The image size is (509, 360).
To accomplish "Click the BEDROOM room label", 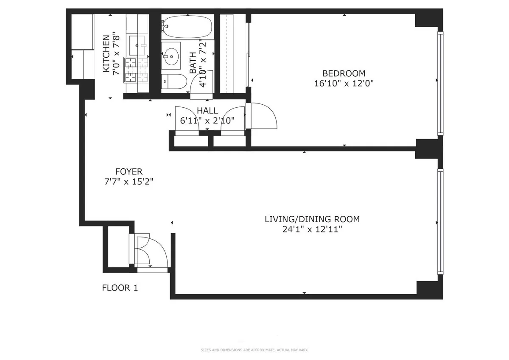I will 344,73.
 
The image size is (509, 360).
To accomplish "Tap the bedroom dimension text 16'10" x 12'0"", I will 344,84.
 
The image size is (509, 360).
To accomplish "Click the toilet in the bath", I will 174,81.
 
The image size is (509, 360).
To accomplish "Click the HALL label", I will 207,111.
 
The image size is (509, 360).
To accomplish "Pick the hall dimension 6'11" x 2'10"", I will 207,121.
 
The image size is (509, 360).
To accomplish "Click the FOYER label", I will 129,172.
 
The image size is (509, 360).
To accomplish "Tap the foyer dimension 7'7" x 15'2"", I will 129,182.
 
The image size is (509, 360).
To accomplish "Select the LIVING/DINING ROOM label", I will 312,219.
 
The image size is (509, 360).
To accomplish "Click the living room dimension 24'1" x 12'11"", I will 312,230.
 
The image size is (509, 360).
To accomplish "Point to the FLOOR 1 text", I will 120,288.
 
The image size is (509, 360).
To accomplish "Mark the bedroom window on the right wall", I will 440,84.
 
